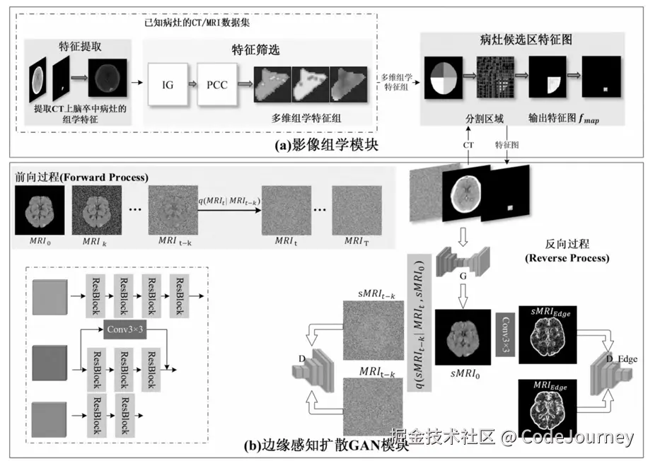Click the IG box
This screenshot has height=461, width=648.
click(x=168, y=85)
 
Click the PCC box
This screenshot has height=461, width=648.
click(x=217, y=85)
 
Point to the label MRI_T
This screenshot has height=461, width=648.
click(x=356, y=241)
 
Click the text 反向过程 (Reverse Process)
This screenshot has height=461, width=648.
click(x=567, y=252)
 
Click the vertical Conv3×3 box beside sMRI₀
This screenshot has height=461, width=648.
click(x=504, y=333)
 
